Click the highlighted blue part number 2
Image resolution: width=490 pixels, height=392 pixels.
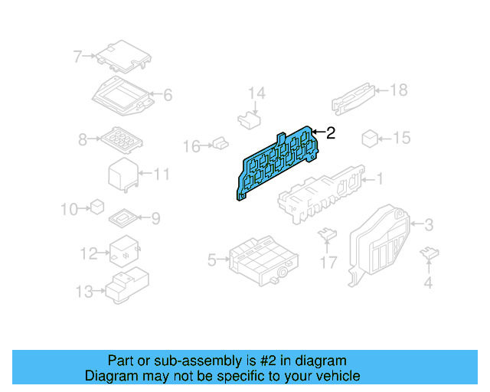tap(279, 162)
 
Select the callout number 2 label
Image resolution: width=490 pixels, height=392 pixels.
tap(331, 133)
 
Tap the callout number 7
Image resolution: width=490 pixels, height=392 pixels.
tap(78, 56)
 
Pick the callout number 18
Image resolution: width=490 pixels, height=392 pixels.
tap(398, 90)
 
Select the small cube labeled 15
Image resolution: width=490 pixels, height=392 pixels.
tap(369, 138)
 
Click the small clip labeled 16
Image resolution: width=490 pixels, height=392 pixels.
tap(221, 142)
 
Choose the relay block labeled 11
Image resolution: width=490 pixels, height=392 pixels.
tap(122, 175)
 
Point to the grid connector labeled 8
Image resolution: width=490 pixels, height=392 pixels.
tap(118, 139)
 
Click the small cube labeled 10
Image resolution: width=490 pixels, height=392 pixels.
tap(97, 206)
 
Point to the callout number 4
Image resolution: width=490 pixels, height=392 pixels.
tap(428, 284)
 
